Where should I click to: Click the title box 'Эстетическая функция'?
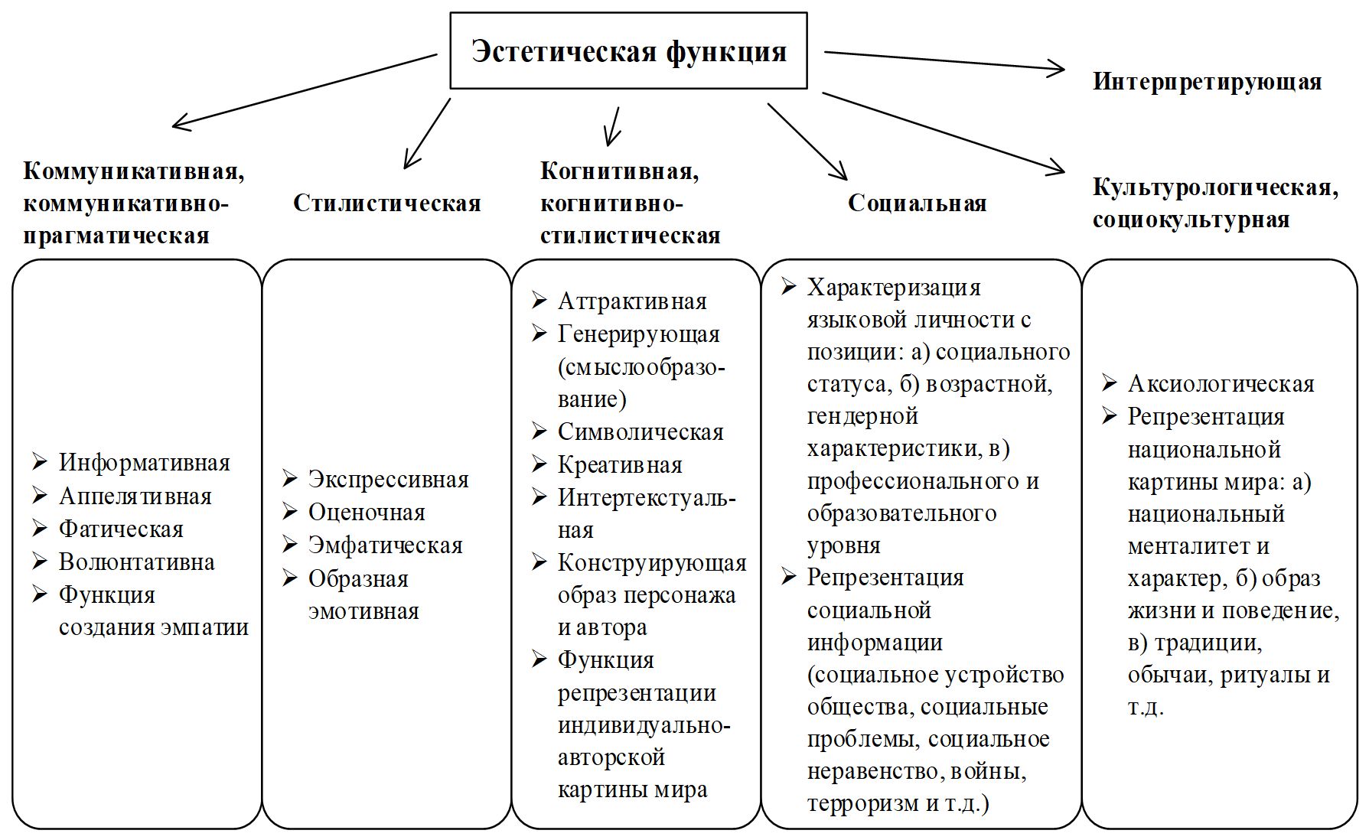(628, 50)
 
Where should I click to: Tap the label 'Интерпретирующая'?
(1207, 81)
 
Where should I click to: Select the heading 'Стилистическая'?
(386, 203)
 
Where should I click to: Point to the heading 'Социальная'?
(917, 203)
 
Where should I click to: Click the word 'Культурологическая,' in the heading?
(1215, 187)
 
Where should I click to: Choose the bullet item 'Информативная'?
(144, 463)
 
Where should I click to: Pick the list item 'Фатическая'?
(121, 529)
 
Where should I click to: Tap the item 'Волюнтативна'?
(136, 562)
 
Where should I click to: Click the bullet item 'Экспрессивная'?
(388, 480)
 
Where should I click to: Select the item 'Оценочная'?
(366, 513)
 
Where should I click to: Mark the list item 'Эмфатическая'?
(385, 545)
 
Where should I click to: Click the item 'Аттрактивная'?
(632, 301)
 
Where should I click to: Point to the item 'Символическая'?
(640, 432)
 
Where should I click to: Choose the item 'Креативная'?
(620, 465)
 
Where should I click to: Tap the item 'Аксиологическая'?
(1221, 384)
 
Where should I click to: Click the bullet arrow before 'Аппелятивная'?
(40, 496)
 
